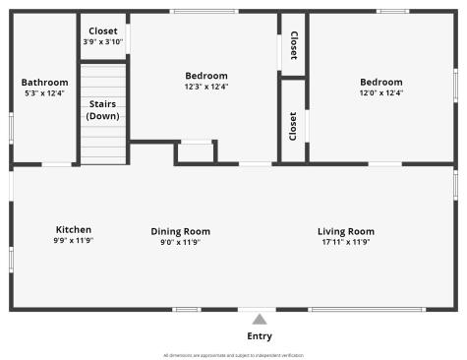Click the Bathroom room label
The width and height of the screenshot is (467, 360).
pyautogui.click(x=44, y=83)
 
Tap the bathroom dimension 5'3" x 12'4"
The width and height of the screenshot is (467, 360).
pyautogui.click(x=44, y=93)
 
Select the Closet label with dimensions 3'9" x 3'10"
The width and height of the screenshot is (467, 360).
pyautogui.click(x=103, y=30)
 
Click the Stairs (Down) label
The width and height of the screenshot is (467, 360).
pyautogui.click(x=103, y=110)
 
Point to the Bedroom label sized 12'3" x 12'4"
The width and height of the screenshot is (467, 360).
pyautogui.click(x=206, y=76)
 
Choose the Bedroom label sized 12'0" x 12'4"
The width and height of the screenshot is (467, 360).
pyautogui.click(x=380, y=83)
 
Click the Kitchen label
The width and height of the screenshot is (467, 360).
pyautogui.click(x=74, y=230)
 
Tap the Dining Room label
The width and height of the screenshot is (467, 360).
pyautogui.click(x=180, y=231)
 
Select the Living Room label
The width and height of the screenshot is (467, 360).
pyautogui.click(x=346, y=231)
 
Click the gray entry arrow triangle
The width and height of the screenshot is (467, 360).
pyautogui.click(x=260, y=318)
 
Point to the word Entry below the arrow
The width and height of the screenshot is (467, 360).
pyautogui.click(x=260, y=336)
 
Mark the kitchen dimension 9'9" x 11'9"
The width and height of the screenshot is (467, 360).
pyautogui.click(x=74, y=241)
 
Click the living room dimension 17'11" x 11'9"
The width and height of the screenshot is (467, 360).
pyautogui.click(x=346, y=242)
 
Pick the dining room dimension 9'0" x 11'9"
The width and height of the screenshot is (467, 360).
pyautogui.click(x=180, y=242)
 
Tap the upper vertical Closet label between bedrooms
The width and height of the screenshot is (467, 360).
pyautogui.click(x=294, y=45)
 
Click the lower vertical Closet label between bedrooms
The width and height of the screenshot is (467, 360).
pyautogui.click(x=293, y=124)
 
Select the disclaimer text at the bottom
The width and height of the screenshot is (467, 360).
pyautogui.click(x=233, y=355)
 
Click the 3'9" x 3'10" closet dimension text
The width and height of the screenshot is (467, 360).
pyautogui.click(x=103, y=41)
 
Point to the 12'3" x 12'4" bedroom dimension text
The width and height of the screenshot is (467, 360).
pyautogui.click(x=206, y=87)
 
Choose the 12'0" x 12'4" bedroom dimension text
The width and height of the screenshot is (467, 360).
pyautogui.click(x=380, y=93)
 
